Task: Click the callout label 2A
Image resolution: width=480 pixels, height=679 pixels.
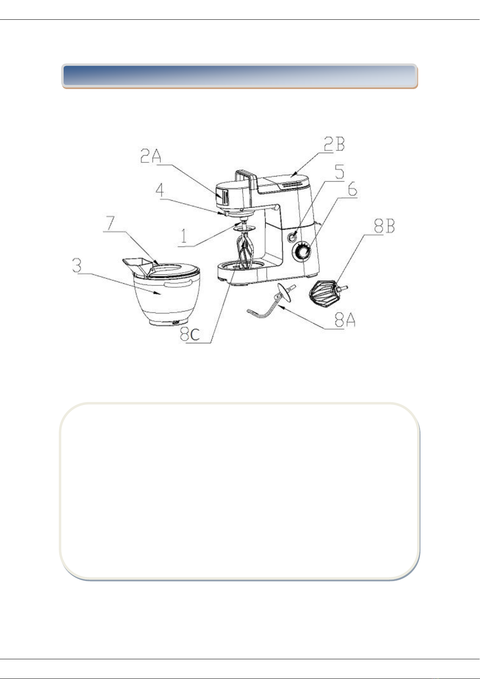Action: (x=151, y=156)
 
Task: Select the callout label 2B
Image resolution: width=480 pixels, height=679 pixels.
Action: (x=334, y=144)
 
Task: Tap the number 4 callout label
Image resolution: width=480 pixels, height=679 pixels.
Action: (x=159, y=190)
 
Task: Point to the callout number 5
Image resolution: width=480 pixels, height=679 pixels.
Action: (x=339, y=172)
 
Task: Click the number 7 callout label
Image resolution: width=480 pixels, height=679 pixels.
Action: (x=110, y=223)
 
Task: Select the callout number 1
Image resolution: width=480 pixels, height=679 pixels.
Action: (x=184, y=235)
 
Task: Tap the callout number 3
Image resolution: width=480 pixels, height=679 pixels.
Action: (x=77, y=265)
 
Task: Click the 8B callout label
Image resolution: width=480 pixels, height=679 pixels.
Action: (x=384, y=226)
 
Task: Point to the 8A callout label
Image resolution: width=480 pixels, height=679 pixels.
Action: (x=345, y=320)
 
